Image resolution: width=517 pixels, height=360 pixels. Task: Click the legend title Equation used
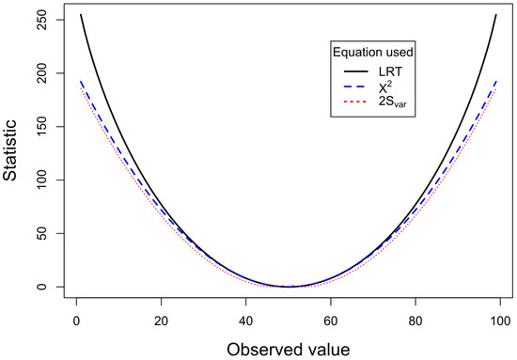coord(372,51)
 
